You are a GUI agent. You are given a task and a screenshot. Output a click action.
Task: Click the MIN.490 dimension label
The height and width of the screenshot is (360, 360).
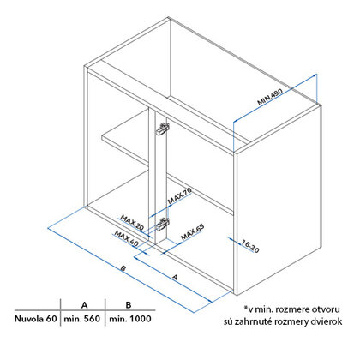tap(270, 97)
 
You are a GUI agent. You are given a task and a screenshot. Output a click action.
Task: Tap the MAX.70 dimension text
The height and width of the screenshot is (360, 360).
tap(179, 195)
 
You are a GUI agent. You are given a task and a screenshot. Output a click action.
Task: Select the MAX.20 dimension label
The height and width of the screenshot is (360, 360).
tap(132, 223)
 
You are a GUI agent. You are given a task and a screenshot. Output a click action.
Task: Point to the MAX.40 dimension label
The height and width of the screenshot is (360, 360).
tap(126, 238)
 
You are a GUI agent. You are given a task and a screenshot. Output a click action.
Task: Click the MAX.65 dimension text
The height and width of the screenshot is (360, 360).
tap(193, 232)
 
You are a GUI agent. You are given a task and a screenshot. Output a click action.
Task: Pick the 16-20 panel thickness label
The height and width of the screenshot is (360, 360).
tap(250, 246)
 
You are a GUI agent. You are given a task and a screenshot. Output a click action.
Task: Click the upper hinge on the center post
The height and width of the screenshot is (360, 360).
tap(162, 129)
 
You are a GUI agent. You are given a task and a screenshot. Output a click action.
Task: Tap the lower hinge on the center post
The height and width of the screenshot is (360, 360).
tap(162, 224)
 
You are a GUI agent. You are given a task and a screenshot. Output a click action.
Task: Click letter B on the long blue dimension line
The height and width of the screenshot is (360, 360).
tap(123, 268)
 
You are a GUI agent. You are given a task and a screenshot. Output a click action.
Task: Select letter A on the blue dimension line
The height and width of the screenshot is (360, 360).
tap(176, 277)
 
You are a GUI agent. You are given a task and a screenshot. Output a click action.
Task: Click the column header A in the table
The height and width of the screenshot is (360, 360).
tap(84, 305)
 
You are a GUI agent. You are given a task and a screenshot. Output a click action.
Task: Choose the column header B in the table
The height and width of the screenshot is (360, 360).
tap(129, 305)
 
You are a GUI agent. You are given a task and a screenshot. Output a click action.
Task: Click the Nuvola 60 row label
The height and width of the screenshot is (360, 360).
tap(36, 319)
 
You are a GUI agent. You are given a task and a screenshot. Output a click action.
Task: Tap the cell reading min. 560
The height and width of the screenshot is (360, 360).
tap(82, 319)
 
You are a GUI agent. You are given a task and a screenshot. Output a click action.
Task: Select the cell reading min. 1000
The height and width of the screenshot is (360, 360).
tap(130, 319)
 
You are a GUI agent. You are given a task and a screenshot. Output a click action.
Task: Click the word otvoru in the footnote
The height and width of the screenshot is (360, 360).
tap(326, 309)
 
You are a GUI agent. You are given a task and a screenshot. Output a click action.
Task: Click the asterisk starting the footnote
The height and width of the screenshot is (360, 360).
tap(245, 308)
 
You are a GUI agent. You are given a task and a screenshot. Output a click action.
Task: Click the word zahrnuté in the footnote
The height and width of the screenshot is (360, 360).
tap(248, 321)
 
